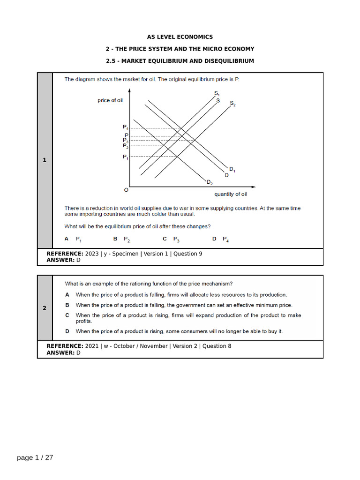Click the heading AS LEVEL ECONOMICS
click(x=180, y=37)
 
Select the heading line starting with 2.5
click(x=180, y=61)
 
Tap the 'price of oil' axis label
click(x=110, y=100)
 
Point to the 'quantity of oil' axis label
click(x=231, y=194)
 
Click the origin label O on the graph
click(x=126, y=190)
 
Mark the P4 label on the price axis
click(x=125, y=127)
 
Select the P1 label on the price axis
click(x=125, y=157)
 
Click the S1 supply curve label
click(x=217, y=93)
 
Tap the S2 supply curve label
click(x=232, y=104)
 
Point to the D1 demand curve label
click(x=232, y=169)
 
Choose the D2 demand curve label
click(x=210, y=182)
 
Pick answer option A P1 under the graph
click(x=73, y=239)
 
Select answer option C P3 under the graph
click(x=171, y=239)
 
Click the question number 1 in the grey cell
click(x=45, y=160)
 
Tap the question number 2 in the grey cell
click(x=45, y=308)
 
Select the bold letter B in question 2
click(x=67, y=305)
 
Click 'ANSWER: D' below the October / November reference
click(x=63, y=352)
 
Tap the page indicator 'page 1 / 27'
click(x=35, y=457)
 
